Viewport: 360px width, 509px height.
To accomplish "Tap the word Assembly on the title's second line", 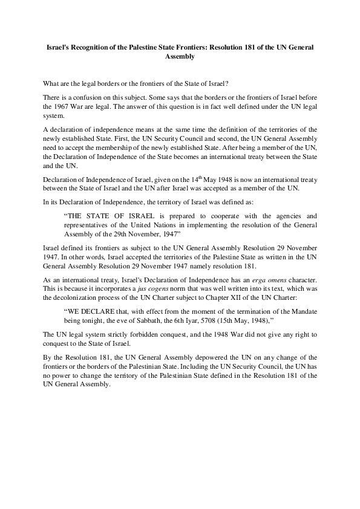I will (x=180, y=56).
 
